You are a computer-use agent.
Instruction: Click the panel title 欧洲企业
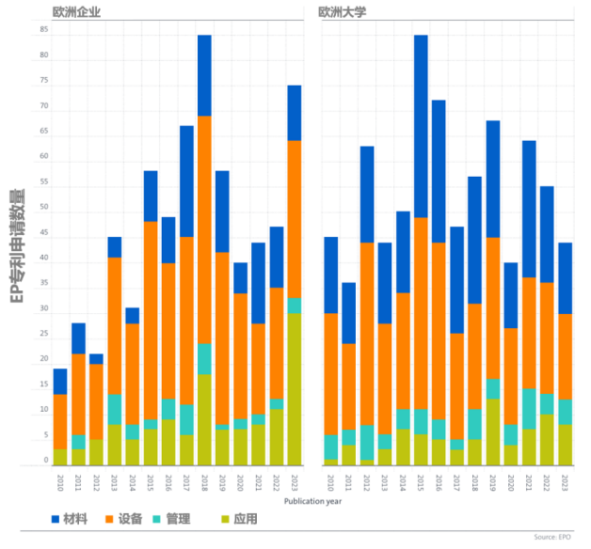coord(78,13)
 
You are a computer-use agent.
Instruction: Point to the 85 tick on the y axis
coord(44,30)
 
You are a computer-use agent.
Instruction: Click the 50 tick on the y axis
coord(44,208)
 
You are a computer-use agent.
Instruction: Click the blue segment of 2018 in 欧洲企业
coord(204,75)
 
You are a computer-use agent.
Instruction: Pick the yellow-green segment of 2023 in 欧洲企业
coord(294,388)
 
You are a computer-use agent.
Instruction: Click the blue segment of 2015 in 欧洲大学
coord(421,126)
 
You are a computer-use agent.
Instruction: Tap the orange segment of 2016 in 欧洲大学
coord(439,330)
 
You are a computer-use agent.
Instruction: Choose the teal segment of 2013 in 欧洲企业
coord(115,409)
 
